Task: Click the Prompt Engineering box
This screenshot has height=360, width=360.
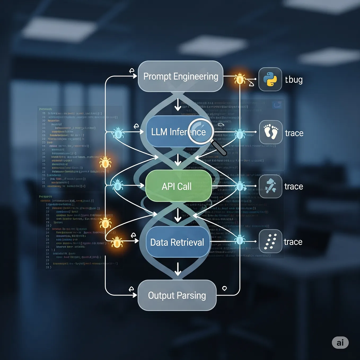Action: (x=181, y=76)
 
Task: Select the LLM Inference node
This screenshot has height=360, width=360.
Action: (x=170, y=132)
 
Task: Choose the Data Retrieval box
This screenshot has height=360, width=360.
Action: (x=177, y=242)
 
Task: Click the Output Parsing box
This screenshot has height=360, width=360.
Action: (x=177, y=295)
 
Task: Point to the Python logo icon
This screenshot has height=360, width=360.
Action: (x=270, y=79)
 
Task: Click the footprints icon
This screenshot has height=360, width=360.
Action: (x=271, y=132)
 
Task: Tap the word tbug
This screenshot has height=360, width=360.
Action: (x=294, y=80)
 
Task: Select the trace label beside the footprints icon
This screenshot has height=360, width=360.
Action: (x=294, y=133)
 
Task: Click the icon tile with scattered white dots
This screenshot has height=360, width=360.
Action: (x=270, y=241)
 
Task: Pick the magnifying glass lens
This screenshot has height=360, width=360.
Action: (x=200, y=130)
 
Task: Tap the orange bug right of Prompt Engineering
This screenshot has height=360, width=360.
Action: (x=240, y=79)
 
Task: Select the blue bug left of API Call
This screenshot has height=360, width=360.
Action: (x=118, y=185)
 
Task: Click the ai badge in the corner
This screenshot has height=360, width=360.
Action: (x=340, y=343)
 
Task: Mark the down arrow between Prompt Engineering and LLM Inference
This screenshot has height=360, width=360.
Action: (x=178, y=105)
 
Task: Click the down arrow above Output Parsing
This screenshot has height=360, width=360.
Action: (x=178, y=269)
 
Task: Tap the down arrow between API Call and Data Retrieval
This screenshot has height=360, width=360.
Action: (x=178, y=215)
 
